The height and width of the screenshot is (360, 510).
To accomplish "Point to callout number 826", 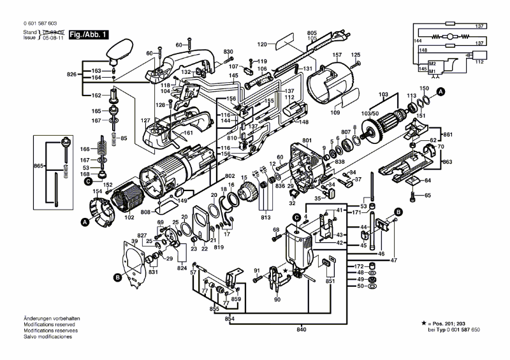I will click(71, 75).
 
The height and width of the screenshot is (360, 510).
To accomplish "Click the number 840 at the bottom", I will click(301, 329).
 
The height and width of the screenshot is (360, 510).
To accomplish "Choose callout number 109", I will click(335, 113).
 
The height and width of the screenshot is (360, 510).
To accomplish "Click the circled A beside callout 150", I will click(439, 93).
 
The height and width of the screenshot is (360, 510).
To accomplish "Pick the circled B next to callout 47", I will click(398, 211).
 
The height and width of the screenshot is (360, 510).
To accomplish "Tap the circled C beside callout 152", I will click(89, 181).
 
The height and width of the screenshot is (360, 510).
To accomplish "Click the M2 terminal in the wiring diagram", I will click(432, 64).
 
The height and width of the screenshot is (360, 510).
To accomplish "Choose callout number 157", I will click(337, 55).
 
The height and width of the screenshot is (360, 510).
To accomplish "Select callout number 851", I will click(330, 280).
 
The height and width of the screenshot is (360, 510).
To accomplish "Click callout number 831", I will click(152, 272).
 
